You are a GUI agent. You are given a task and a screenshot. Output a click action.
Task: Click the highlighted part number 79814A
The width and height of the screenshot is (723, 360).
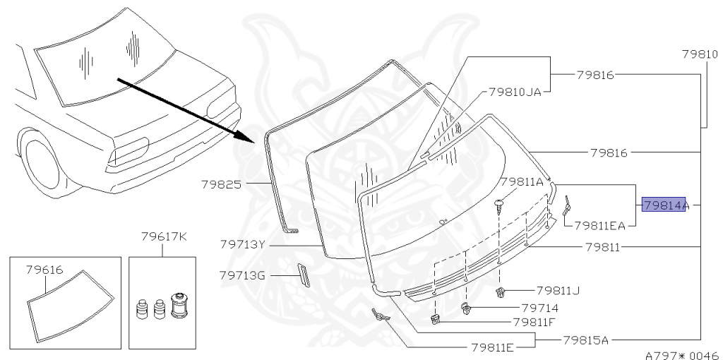(x=664, y=205)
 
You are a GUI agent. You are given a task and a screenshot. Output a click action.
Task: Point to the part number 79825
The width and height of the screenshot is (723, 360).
(x=221, y=185)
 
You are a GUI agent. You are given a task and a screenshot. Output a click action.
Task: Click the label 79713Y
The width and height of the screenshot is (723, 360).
(x=242, y=245)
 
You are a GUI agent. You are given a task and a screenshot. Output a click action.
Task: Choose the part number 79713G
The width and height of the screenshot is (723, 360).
(x=242, y=275)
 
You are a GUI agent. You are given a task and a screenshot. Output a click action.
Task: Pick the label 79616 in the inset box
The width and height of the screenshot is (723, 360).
(x=44, y=269)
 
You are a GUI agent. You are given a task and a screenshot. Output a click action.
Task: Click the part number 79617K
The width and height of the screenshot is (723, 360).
(x=163, y=236)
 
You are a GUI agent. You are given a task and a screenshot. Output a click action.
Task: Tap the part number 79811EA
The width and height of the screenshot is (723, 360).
(x=599, y=226)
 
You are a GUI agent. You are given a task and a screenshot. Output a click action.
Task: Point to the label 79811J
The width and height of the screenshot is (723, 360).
(x=558, y=290)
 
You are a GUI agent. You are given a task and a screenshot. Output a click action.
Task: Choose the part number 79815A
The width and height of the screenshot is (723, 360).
(x=585, y=340)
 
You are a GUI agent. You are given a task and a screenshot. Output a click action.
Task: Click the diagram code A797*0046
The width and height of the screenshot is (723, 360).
(x=681, y=355)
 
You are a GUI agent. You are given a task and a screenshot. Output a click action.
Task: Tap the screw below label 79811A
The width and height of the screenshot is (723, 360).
(x=500, y=206)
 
